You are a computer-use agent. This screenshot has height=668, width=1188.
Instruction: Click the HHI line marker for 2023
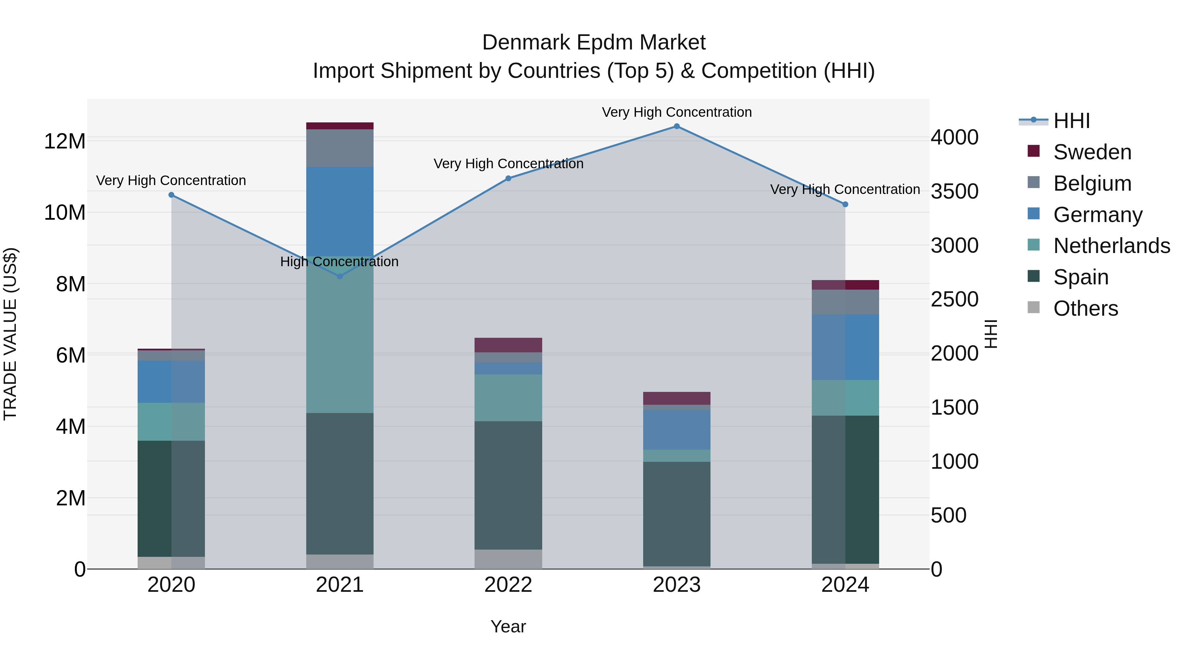click(676, 126)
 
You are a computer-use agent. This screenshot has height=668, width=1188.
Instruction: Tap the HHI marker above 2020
click(172, 195)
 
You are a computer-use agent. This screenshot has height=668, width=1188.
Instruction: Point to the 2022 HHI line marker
click(508, 178)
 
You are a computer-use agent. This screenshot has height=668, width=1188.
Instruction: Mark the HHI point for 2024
click(845, 204)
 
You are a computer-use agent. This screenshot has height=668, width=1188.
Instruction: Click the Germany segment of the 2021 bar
click(340, 211)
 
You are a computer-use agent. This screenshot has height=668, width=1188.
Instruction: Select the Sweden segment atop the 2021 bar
click(340, 126)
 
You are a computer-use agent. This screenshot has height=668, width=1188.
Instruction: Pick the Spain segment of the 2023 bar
click(676, 514)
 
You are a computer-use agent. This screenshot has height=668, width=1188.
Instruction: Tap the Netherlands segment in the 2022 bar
click(508, 398)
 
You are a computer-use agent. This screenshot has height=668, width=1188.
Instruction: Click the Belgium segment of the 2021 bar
click(340, 148)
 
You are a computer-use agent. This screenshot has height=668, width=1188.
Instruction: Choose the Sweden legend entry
click(1092, 152)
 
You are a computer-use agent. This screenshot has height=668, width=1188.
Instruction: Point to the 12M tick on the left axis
click(65, 141)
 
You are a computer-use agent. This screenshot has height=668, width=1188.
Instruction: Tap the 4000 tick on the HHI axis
click(954, 137)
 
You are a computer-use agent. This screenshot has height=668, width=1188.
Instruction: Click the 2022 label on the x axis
click(508, 585)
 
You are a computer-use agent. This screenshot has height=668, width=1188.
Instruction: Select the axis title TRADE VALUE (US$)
click(10, 334)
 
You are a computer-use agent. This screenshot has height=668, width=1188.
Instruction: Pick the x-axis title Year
click(508, 626)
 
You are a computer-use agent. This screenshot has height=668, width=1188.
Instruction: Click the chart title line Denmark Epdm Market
click(594, 43)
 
